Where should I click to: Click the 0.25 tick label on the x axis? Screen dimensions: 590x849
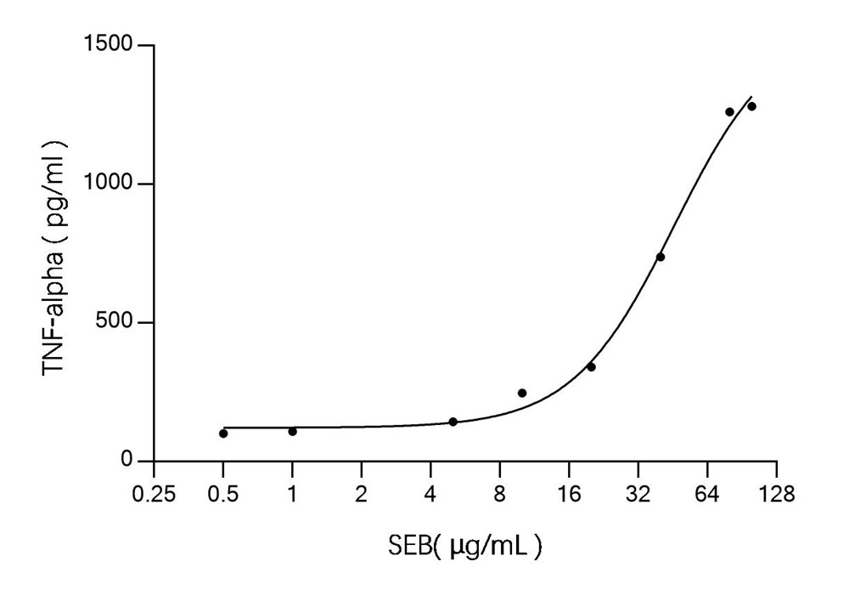click(154, 493)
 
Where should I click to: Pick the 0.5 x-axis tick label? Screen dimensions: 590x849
click(222, 493)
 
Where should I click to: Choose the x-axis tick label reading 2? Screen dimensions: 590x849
click(361, 493)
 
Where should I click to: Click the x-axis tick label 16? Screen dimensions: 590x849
click(568, 493)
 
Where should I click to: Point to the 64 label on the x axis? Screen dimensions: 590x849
click(706, 493)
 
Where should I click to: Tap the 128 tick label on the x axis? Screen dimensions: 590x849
click(776, 493)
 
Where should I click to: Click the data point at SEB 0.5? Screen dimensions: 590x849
click(223, 434)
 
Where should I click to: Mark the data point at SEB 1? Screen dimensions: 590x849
click(292, 431)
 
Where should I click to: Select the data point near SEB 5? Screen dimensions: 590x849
click(453, 422)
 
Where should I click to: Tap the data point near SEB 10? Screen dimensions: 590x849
click(522, 393)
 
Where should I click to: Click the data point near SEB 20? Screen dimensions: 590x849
click(591, 366)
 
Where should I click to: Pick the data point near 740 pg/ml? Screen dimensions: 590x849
click(661, 257)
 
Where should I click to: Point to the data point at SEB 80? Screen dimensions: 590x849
click(729, 111)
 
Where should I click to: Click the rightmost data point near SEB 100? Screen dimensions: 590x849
click(751, 106)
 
